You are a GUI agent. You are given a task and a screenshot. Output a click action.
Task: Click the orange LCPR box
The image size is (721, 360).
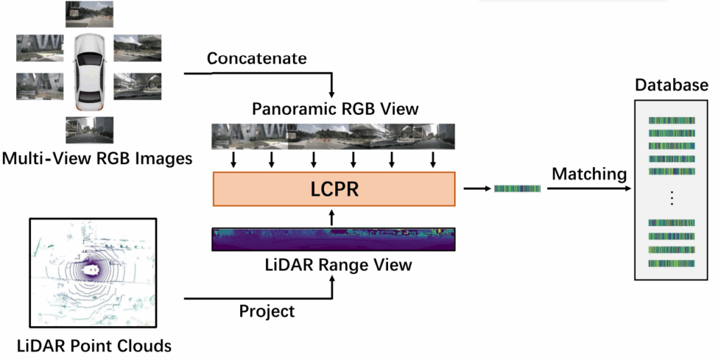click(334, 189)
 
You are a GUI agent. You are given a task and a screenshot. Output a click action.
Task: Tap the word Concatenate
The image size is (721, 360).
click(256, 58)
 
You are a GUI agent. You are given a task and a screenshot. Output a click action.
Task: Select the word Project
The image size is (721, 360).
click(265, 311)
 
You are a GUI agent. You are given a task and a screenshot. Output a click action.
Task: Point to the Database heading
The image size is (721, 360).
click(671, 86)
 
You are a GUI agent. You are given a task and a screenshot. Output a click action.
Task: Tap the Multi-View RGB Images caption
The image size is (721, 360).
click(96, 159)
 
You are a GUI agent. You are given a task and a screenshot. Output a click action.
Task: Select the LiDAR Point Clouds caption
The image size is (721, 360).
click(94, 346)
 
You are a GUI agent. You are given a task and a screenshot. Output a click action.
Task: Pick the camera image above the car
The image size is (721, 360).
click(89, 12)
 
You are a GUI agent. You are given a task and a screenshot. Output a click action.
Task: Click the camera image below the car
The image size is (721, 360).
click(89, 130)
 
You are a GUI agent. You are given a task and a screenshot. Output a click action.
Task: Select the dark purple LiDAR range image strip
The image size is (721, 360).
click(334, 240)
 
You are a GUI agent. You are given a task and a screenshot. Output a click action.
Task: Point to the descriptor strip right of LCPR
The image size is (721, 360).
click(517, 189)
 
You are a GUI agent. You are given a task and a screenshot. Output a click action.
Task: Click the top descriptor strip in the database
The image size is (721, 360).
click(672, 120)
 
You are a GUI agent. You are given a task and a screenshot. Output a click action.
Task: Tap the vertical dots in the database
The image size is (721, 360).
click(672, 198)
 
